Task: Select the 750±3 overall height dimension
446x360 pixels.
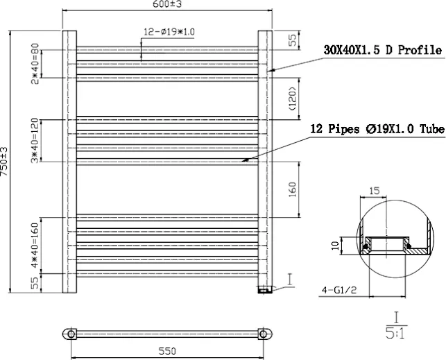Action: point(5,162)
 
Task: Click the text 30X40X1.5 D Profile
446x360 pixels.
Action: point(383,51)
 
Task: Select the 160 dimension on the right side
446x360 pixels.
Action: point(293,188)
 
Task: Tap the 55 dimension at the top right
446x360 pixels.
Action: point(293,40)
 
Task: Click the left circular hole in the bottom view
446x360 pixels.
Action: point(69,334)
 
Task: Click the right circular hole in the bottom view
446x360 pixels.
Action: point(264,334)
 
